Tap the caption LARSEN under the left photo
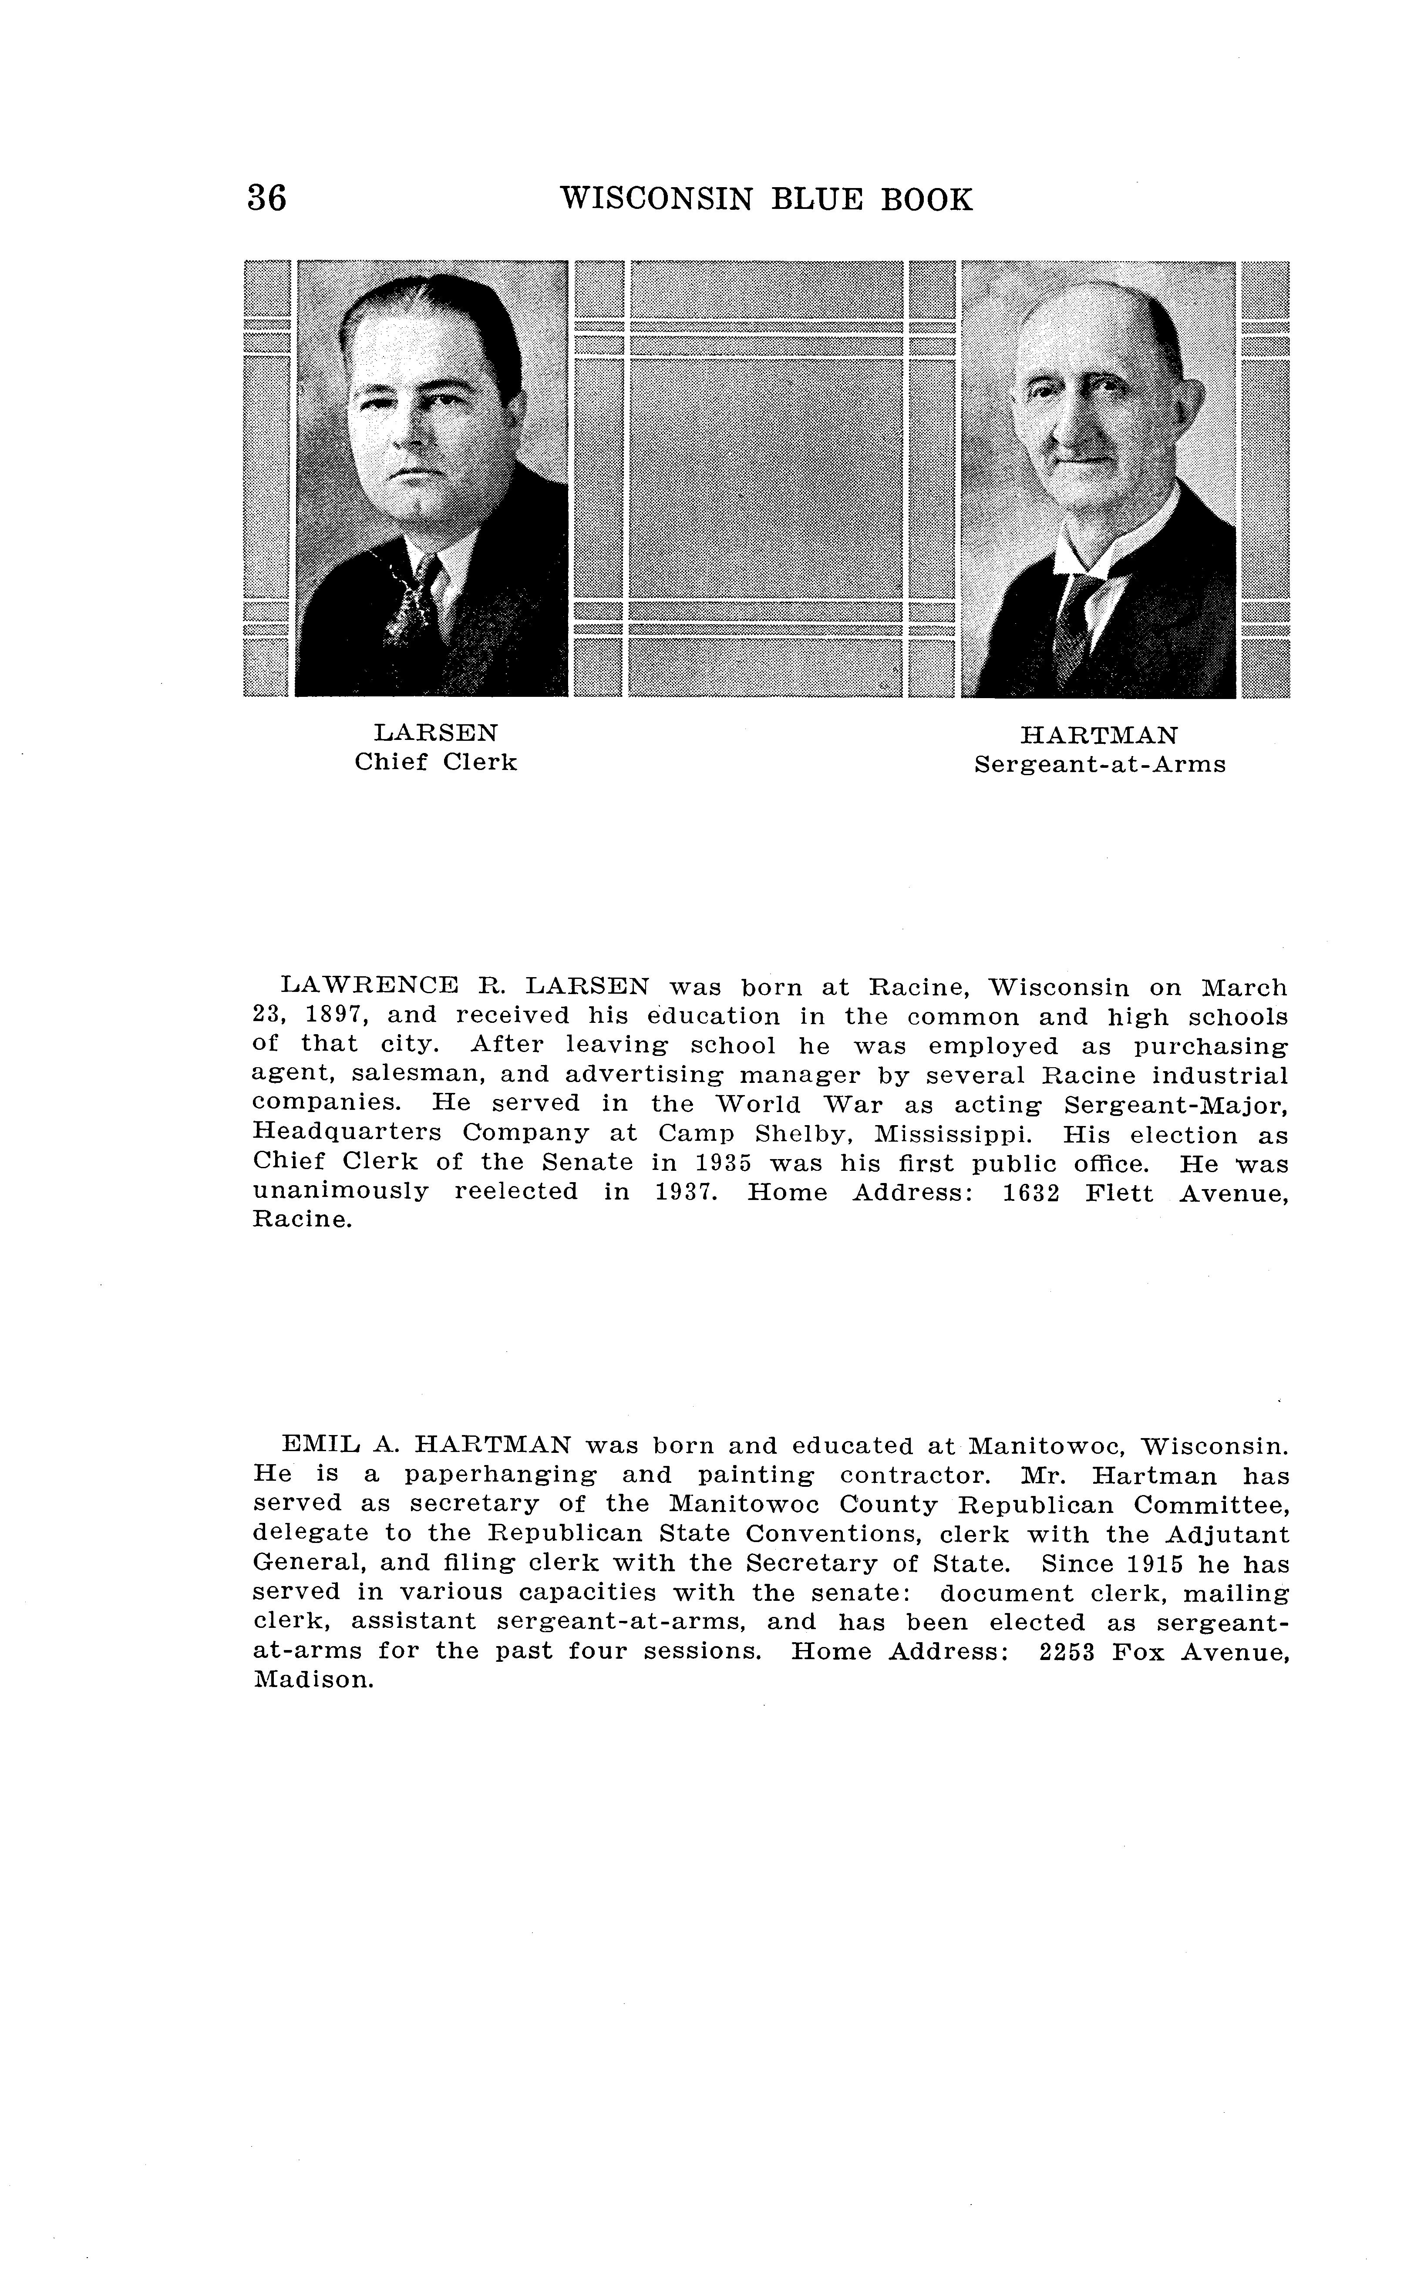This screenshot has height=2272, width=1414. pos(436,732)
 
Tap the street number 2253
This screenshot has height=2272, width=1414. pos(1066,1651)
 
